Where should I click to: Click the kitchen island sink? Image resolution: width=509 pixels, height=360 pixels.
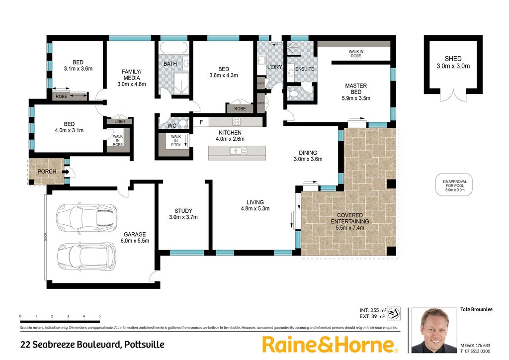[234, 151]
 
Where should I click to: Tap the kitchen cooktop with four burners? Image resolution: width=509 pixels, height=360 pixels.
[236, 122]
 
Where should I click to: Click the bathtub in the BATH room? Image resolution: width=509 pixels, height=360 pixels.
[174, 49]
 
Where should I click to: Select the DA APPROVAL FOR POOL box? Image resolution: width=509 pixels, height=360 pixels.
[454, 185]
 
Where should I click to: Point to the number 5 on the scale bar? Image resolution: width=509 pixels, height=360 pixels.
[100, 317]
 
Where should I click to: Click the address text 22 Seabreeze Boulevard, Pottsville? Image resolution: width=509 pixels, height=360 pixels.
[92, 344]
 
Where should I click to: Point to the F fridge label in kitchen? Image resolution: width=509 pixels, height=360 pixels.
[201, 122]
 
